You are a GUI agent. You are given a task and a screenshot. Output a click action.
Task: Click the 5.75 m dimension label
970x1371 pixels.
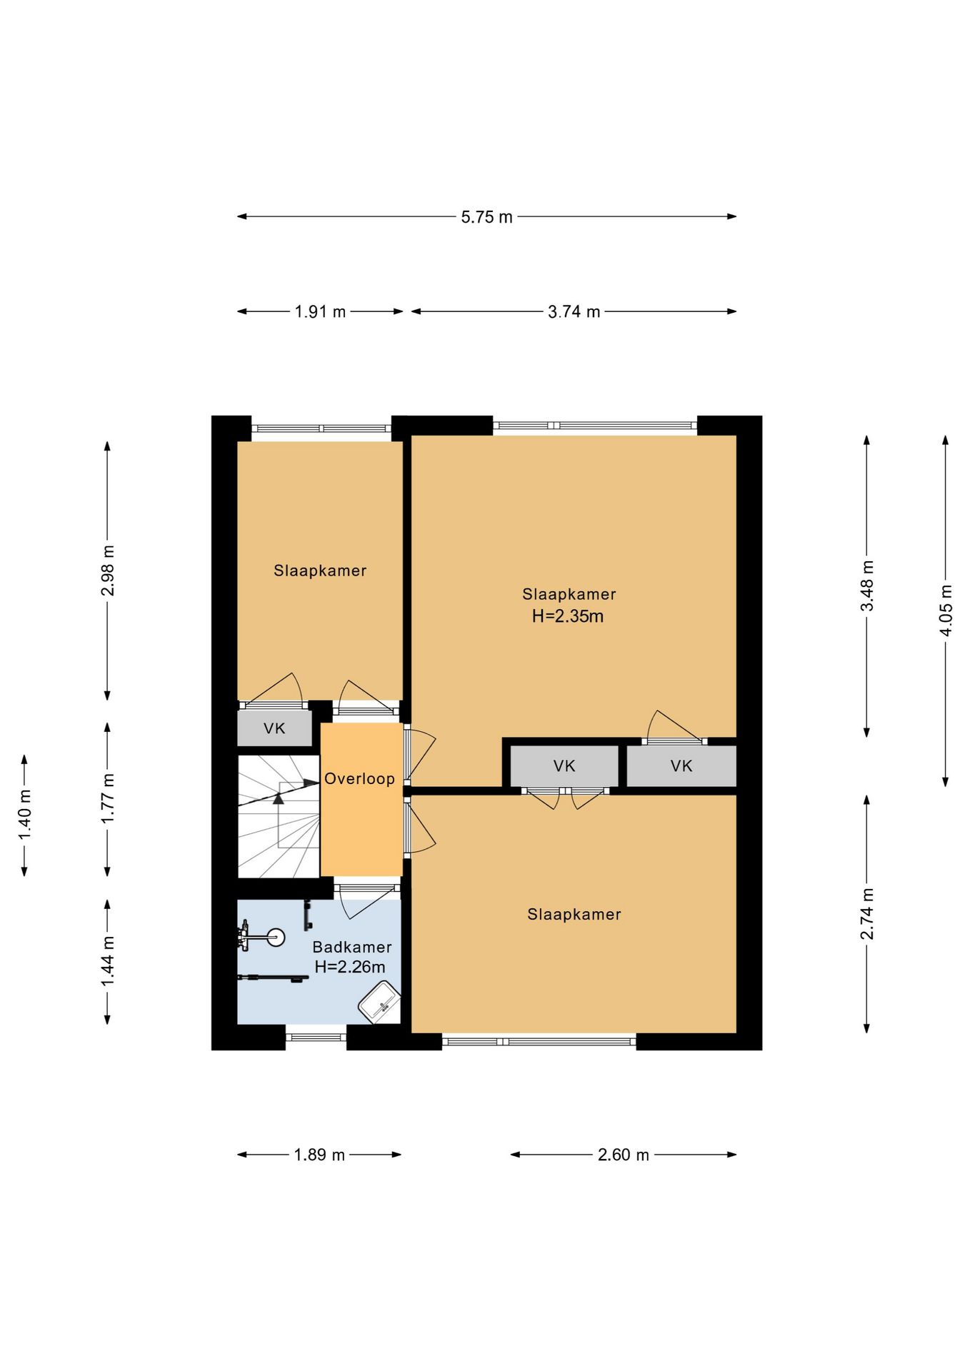pyautogui.click(x=486, y=217)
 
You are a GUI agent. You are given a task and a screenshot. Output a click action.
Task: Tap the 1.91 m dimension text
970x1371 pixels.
pyautogui.click(x=320, y=312)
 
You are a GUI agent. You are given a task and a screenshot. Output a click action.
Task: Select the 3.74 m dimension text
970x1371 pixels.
pyautogui.click(x=574, y=312)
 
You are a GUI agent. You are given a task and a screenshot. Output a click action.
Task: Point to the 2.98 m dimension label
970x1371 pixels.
pyautogui.click(x=108, y=571)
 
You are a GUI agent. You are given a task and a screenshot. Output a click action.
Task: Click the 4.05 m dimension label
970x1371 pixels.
pyautogui.click(x=946, y=611)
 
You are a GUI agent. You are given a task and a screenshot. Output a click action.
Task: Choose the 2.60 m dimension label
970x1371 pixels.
pyautogui.click(x=623, y=1155)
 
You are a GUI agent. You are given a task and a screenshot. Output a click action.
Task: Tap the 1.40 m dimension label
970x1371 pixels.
pyautogui.click(x=25, y=815)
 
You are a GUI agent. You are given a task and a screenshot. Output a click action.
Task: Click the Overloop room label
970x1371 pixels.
pyautogui.click(x=359, y=778)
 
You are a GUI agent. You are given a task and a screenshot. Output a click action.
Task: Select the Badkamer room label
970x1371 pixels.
pyautogui.click(x=352, y=947)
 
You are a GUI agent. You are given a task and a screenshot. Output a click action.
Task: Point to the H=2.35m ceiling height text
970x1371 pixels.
pyautogui.click(x=568, y=616)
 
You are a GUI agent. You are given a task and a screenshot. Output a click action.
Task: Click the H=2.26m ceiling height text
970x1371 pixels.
pyautogui.click(x=350, y=967)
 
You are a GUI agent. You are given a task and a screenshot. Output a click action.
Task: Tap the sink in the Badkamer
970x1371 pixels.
pyautogui.click(x=379, y=1003)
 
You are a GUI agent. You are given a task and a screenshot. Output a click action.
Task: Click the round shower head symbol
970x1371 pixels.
pyautogui.click(x=275, y=937)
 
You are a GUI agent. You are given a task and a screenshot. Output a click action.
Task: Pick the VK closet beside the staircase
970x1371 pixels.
pyautogui.click(x=275, y=728)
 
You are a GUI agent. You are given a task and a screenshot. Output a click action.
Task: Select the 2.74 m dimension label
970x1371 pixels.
pyautogui.click(x=867, y=914)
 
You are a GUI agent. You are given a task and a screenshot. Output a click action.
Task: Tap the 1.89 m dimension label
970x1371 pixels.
pyautogui.click(x=319, y=1155)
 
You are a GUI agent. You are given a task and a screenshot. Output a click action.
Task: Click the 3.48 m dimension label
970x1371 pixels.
pyautogui.click(x=867, y=586)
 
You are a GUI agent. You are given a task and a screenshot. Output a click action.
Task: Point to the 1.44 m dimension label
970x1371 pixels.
pyautogui.click(x=108, y=962)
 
